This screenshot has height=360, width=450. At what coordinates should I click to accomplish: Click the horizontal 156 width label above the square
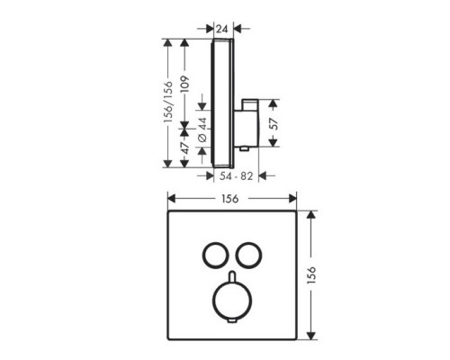[229, 200]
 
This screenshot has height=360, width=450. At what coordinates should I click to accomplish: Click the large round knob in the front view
[230, 301]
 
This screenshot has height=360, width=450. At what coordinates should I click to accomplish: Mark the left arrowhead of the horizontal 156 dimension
[171, 200]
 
